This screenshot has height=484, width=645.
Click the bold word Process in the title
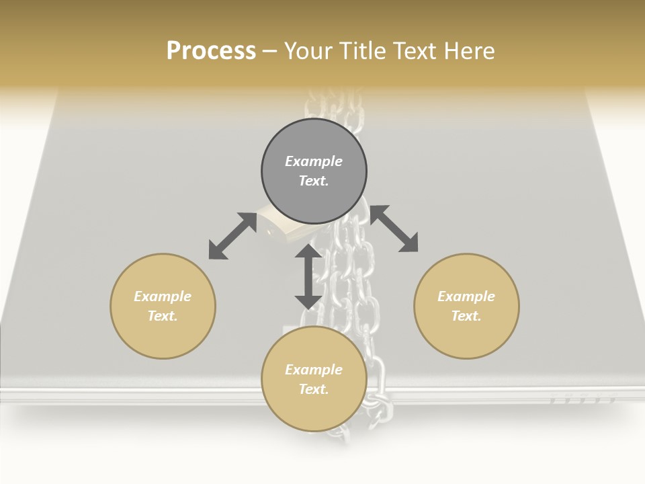211,50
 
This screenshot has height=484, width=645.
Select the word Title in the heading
363,50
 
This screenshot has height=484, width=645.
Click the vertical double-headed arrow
308,276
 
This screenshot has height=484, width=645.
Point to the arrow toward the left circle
232,236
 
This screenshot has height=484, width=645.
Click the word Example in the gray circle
314,161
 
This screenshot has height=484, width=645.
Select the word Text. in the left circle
163,316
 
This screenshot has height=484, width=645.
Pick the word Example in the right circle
466,296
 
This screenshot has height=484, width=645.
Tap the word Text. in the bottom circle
314,389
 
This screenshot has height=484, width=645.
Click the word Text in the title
417,50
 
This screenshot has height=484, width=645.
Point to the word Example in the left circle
163,296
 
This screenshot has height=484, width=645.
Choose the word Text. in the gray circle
314,181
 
